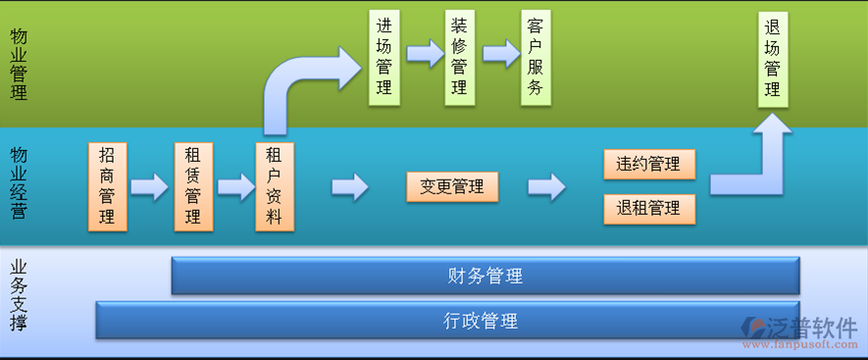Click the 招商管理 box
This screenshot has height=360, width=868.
coord(107,186)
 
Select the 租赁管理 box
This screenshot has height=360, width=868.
coord(193,186)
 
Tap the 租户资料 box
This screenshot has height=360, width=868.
coord(275,186)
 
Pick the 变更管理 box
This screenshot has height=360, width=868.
coord(452,186)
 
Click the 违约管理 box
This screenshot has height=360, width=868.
coord(648,164)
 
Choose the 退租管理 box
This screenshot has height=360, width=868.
coord(648,208)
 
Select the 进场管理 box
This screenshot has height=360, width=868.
coord(383,58)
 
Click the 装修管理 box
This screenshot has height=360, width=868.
coord(459,58)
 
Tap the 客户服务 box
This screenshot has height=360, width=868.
coord(535,58)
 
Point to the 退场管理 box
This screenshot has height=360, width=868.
coord(773,58)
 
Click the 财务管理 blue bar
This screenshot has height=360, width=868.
coord(485,276)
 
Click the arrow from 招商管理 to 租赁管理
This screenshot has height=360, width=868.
coord(150,186)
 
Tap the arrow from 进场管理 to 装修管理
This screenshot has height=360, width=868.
coord(425,53)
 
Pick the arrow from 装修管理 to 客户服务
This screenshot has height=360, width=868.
coord(500,53)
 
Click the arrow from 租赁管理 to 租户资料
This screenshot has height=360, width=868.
coord(235,186)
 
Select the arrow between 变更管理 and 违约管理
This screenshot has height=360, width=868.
coord(546,186)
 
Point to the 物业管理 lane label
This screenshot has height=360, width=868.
coord(18,65)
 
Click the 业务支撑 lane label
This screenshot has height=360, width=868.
coord(18,294)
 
